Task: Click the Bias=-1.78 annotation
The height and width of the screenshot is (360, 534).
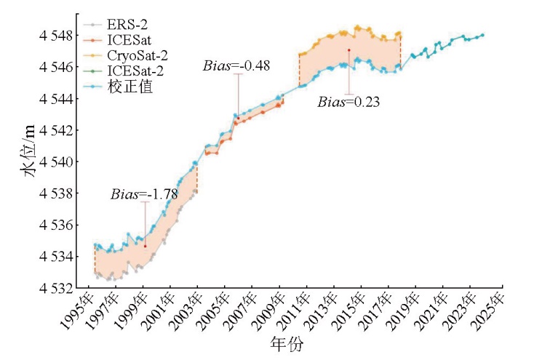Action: click(144, 194)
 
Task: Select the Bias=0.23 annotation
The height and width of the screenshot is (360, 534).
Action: click(348, 102)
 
